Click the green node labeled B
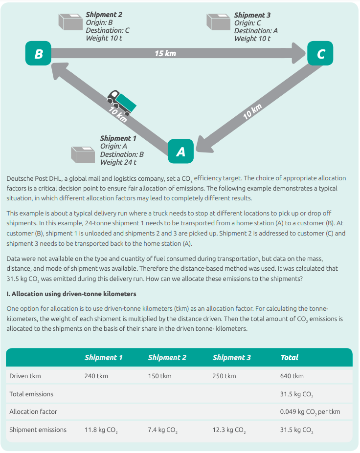pyautogui.click(x=39, y=53)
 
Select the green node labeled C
pyautogui.click(x=320, y=53)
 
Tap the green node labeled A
pyautogui.click(x=180, y=151)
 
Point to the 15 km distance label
pyautogui.click(x=165, y=53)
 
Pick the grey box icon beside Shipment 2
pyautogui.click(x=71, y=22)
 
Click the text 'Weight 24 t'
pyautogui.click(x=118, y=162)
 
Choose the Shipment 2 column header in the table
pyautogui.click(x=167, y=358)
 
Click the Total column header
pyautogui.click(x=290, y=358)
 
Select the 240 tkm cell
pyautogui.click(x=96, y=376)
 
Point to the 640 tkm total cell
pyautogui.click(x=292, y=376)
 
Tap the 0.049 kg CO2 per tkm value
pyautogui.click(x=310, y=412)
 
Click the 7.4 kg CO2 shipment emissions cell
pyautogui.click(x=162, y=431)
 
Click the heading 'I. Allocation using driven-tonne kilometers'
pyautogui.click(x=71, y=295)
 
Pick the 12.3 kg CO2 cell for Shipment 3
pyautogui.click(x=229, y=431)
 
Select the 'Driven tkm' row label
pyautogui.click(x=25, y=376)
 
